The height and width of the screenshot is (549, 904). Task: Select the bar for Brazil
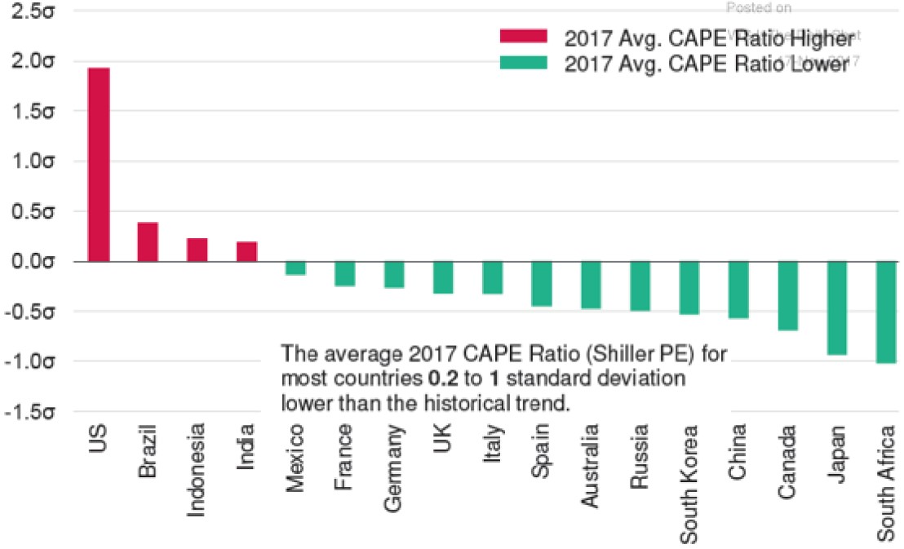[x=148, y=241]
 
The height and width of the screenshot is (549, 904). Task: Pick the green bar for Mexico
[x=295, y=268]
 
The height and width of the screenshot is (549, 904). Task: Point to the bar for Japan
[x=838, y=308]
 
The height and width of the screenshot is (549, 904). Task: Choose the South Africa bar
[x=887, y=312]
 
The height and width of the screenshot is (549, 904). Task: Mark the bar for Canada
[x=788, y=296]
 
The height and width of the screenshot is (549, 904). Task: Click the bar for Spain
[x=542, y=284]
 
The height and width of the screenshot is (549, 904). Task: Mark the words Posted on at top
[x=759, y=7]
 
